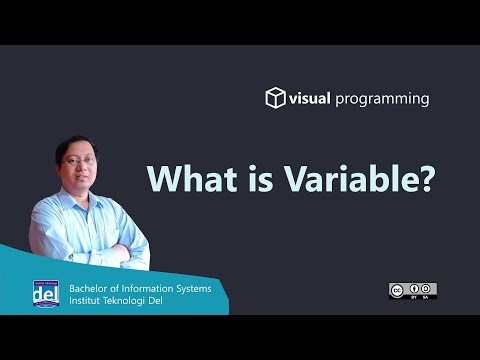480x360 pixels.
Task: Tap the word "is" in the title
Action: [x=248, y=179]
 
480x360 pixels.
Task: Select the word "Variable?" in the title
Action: [x=339, y=179]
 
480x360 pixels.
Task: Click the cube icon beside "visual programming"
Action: [x=275, y=98]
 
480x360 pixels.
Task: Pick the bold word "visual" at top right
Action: [x=313, y=99]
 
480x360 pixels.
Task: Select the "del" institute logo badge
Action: [x=45, y=293]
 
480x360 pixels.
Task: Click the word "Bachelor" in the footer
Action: [x=91, y=287]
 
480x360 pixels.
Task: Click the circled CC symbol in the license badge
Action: [x=397, y=290]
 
